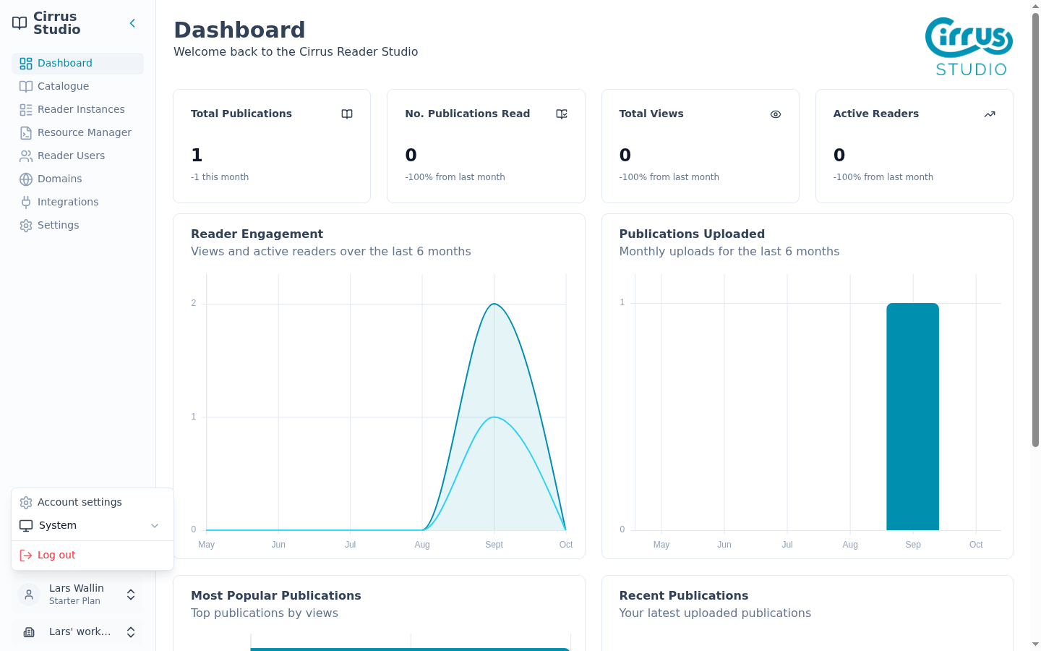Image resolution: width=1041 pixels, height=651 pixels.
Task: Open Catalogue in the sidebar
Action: pos(63,86)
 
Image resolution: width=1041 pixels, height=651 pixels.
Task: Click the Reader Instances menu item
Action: pos(81,109)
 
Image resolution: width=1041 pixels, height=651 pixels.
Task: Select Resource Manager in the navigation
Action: pos(84,132)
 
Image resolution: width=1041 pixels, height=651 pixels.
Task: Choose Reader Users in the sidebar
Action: pos(71,156)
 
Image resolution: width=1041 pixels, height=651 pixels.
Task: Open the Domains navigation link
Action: pos(59,179)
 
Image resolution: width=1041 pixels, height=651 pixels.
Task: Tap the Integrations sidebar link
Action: pos(68,202)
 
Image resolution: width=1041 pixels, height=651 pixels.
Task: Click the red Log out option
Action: pos(56,556)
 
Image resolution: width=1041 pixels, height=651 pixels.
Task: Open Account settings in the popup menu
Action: pos(80,502)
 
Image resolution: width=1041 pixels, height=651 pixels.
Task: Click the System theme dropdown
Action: pos(89,525)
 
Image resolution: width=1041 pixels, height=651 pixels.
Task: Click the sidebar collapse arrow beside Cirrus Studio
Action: pos(132,23)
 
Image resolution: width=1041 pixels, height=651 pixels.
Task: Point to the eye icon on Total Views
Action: pos(775,114)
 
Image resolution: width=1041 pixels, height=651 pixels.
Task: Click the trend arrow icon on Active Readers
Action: pos(990,114)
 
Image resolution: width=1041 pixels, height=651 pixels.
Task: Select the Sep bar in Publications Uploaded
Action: pos(912,417)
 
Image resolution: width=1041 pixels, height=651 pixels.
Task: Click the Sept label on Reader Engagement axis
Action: pos(494,545)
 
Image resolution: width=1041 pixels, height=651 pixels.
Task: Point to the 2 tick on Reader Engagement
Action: pos(193,303)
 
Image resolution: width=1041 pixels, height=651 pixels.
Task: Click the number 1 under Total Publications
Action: pos(197,155)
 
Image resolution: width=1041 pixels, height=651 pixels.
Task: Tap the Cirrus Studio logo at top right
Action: pos(969,46)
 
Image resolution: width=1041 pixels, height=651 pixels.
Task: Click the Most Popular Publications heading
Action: pos(275,596)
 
